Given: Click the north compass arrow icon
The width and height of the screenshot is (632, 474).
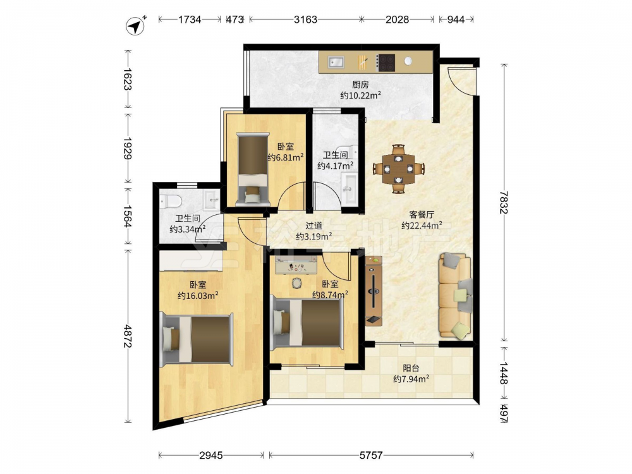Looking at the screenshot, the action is (136, 26).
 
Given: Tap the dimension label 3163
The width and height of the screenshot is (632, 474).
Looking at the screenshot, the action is (305, 20).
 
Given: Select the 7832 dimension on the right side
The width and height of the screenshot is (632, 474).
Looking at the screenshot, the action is (502, 202).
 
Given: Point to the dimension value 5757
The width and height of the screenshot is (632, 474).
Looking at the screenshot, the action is (371, 456).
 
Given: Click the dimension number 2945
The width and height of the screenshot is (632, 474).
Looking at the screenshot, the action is (211, 456).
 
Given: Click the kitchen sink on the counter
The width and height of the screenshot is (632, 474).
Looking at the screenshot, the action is (336, 62).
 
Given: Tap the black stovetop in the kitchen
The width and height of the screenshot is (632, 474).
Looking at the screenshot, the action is (386, 63).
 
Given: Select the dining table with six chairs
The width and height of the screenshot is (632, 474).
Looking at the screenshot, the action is (399, 169).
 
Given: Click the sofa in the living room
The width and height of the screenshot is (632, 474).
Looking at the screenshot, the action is (455, 295).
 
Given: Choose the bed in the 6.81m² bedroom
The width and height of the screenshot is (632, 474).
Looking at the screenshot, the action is (253, 169).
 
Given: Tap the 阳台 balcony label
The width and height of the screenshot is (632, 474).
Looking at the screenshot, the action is (411, 368).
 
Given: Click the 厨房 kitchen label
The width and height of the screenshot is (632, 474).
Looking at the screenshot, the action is (360, 84).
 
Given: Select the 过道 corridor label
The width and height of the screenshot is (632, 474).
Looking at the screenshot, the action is (313, 226).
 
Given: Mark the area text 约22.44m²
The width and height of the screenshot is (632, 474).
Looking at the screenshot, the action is (422, 226).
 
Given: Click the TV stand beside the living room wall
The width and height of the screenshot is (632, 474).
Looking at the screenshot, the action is (374, 291).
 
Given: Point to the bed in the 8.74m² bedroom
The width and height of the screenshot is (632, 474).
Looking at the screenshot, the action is (308, 324).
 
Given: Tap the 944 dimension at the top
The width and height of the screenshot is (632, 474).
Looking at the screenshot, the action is (456, 20).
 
